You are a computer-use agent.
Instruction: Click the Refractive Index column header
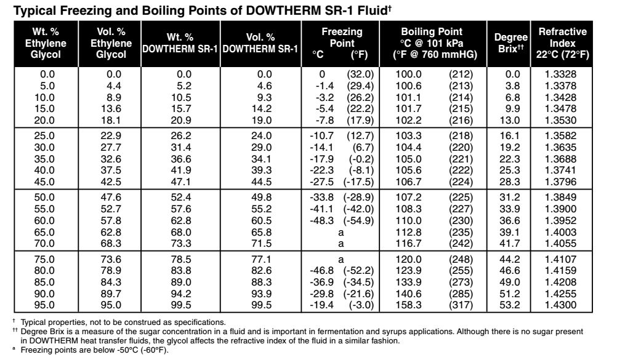point(563,43)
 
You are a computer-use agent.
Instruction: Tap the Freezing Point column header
point(341,43)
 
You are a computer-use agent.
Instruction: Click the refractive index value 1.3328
point(561,74)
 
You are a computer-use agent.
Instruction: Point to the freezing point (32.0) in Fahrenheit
point(360,74)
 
